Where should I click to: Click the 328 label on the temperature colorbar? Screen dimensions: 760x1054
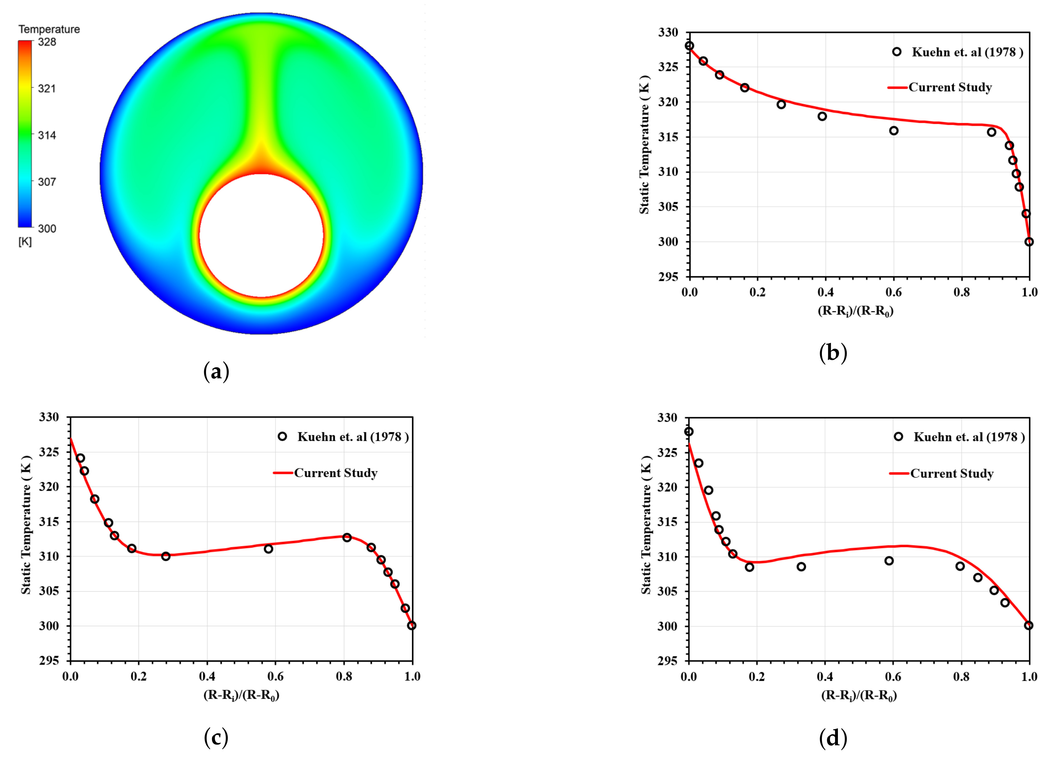click(x=46, y=42)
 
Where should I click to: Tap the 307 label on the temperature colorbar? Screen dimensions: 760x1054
click(x=46, y=182)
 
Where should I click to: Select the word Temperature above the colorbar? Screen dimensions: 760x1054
click(x=49, y=29)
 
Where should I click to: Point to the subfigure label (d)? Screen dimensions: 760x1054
click(x=833, y=737)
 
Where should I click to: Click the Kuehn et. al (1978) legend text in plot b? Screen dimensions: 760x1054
click(x=967, y=52)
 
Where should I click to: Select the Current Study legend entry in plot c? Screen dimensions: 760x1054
click(x=335, y=473)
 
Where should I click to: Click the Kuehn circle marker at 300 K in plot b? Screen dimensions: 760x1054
click(x=1029, y=242)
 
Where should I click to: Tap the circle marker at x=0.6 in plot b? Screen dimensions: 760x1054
click(x=894, y=131)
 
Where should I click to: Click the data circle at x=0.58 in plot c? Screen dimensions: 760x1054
click(x=268, y=549)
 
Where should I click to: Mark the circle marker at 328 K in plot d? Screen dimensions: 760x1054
click(x=689, y=432)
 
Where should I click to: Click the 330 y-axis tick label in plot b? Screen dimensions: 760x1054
click(x=668, y=33)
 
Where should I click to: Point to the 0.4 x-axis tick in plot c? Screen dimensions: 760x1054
click(x=207, y=676)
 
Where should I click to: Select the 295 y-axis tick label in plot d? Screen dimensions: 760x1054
click(x=667, y=660)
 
